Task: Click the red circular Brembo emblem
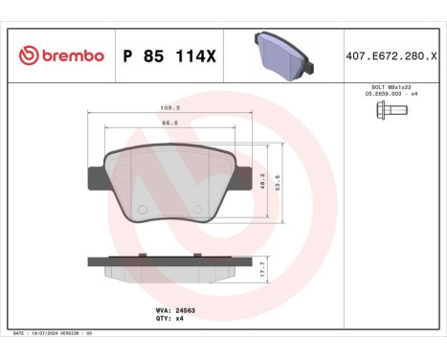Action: tap(26, 56)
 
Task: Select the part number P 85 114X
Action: tap(170, 56)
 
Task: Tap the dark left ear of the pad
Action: tap(97, 177)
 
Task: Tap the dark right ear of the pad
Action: tap(243, 177)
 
